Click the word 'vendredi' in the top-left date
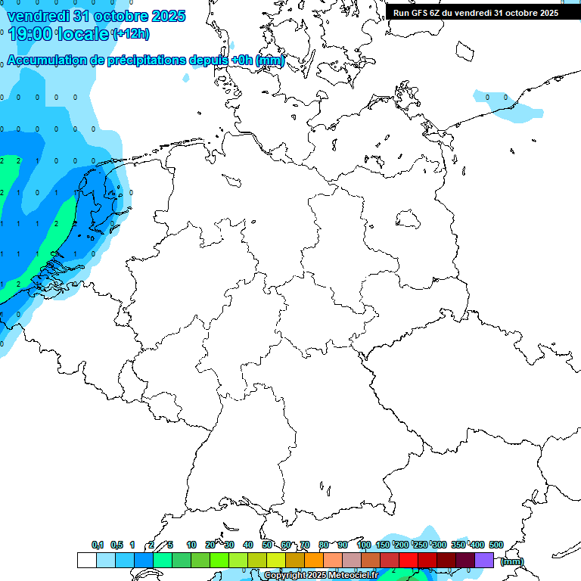(39, 16)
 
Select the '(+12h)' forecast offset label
(131, 34)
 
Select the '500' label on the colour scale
(496, 545)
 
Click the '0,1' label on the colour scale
(98, 545)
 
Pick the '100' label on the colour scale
(364, 545)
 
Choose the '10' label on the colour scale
(191, 545)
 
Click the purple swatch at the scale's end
(484, 560)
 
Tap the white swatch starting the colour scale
(86, 560)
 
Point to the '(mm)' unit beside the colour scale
(512, 561)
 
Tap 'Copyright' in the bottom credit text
(285, 576)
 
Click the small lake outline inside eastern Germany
(408, 219)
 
